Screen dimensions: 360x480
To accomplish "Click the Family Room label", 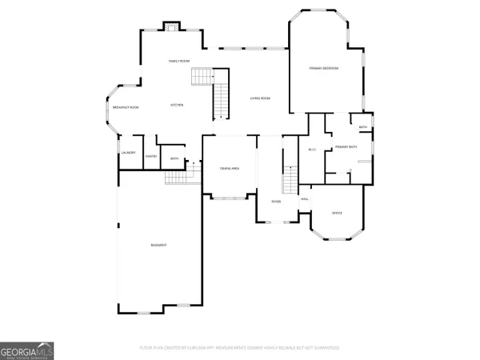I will pos(178,62).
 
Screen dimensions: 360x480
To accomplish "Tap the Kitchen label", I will pos(178,106).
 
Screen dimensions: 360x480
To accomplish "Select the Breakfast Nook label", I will pos(126,107).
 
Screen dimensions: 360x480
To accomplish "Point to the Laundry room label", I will pos(128,153).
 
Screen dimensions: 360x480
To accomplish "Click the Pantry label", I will pos(150,156).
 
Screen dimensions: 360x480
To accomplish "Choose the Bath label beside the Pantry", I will pos(174,158).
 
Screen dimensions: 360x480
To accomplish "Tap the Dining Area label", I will pos(230,167).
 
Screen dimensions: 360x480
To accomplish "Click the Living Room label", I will pos(260,98).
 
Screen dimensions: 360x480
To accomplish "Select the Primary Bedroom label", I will pos(324,69).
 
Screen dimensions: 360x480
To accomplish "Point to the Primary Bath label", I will pos(346,147).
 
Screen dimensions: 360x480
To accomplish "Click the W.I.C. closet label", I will pos(313,150).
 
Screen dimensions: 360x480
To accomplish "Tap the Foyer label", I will pos(276,202).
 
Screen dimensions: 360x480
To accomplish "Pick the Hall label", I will pos(305,199).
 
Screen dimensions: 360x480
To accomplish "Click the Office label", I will pos(337,213).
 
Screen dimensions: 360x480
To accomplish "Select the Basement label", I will pos(158,244).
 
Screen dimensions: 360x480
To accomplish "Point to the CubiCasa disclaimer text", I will pos(240,348).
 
